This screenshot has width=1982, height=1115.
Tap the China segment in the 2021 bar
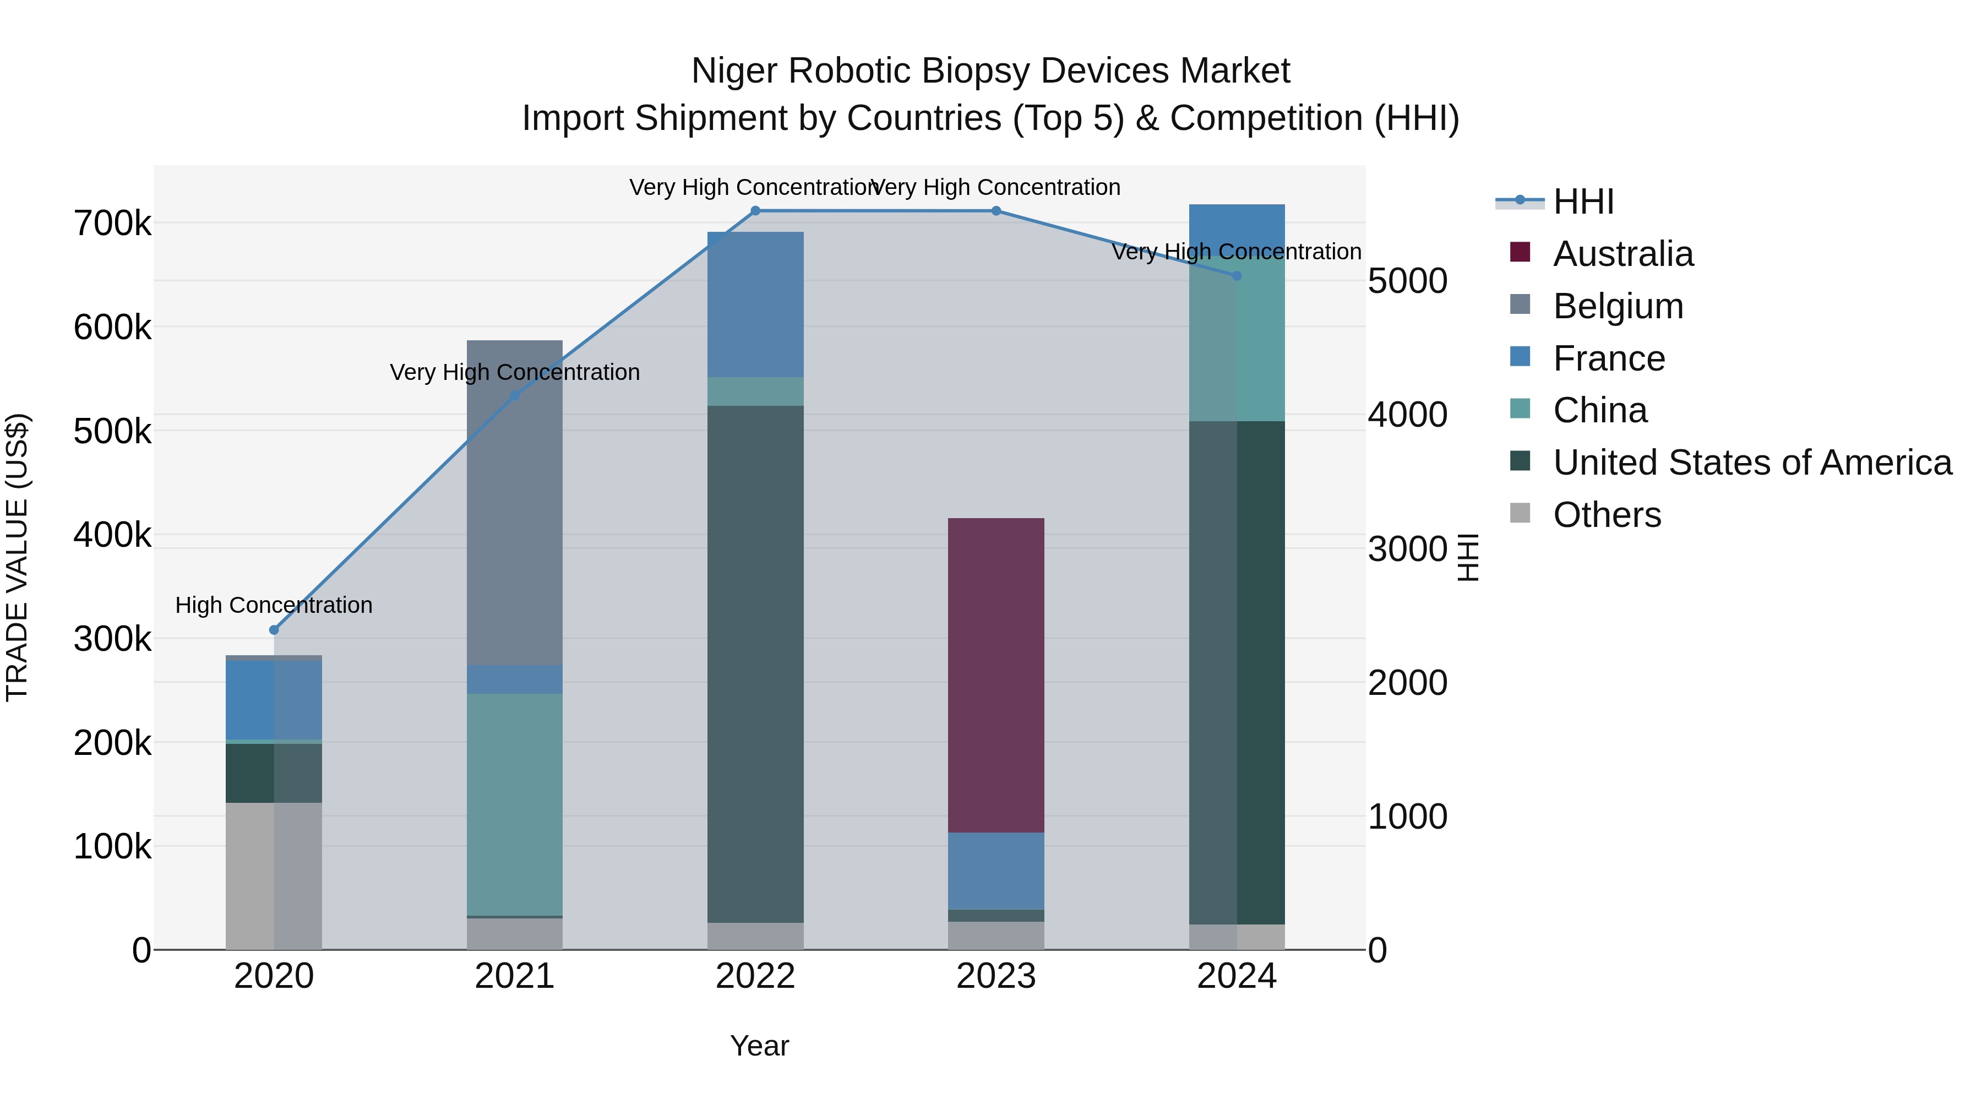point(515,804)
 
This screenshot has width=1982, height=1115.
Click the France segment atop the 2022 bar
point(755,304)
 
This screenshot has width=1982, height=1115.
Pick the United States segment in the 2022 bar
point(755,663)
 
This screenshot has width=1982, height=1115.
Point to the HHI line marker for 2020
point(274,629)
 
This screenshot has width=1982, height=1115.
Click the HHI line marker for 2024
point(1237,275)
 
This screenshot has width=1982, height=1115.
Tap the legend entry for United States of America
point(1752,463)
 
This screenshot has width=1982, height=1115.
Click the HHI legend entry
point(1583,202)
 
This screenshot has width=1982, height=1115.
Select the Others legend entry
point(1607,515)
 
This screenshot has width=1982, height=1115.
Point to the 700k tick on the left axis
point(112,224)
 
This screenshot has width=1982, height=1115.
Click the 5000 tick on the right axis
point(1407,281)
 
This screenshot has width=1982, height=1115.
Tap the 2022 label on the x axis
point(755,976)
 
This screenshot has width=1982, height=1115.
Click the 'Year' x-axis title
point(759,1046)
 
